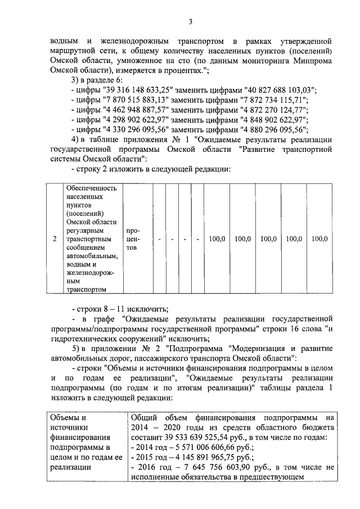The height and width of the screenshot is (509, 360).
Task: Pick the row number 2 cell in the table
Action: (55, 239)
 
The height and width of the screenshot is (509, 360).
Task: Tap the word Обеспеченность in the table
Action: (91, 188)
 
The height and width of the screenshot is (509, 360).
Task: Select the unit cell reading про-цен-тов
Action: (134, 239)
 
